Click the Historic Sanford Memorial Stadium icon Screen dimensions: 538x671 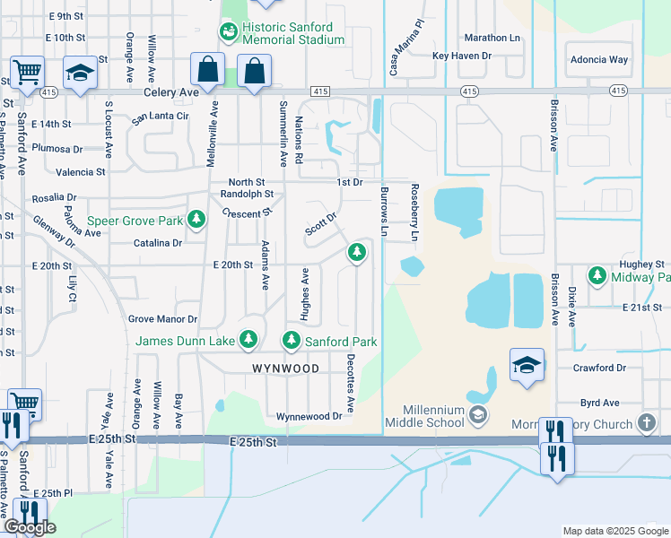(229, 33)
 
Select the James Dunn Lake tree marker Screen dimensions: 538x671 (248, 341)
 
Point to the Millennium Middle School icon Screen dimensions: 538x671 (479, 413)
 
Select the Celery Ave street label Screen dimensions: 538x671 (169, 92)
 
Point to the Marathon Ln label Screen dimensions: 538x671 (492, 38)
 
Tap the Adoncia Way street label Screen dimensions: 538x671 (599, 60)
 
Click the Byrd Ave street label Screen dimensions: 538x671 (600, 403)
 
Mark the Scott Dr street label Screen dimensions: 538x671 (320, 224)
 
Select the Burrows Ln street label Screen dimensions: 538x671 (384, 214)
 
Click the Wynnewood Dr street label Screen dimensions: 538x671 (309, 416)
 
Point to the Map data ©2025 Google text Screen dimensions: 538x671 (614, 531)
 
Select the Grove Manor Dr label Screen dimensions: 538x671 (162, 319)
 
